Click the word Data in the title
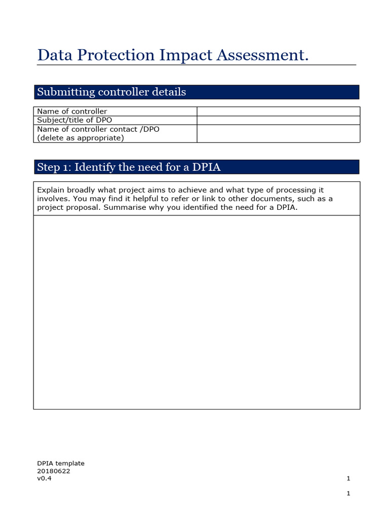(54, 56)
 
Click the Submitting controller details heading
(111, 92)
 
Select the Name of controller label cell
(72, 112)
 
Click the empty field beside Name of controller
(278, 112)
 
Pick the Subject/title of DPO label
(75, 120)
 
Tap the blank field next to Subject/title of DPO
(278, 120)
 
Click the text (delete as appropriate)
(81, 138)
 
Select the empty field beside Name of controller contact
(278, 133)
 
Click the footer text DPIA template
(61, 463)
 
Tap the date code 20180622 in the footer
(54, 471)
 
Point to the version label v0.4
(44, 478)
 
